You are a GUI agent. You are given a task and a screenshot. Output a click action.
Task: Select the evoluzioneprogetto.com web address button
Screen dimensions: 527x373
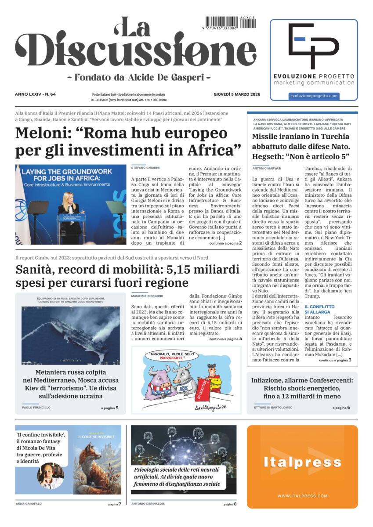coord(314,96)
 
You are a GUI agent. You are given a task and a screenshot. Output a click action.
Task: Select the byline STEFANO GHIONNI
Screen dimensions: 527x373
coord(145,168)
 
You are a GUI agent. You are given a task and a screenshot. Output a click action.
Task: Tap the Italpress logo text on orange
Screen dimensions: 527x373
coord(302,462)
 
